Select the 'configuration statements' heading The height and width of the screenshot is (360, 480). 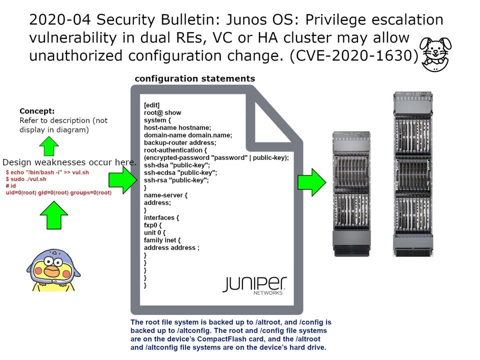(x=195, y=78)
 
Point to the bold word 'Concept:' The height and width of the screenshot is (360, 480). (x=37, y=111)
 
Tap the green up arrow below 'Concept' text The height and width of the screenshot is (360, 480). (x=49, y=146)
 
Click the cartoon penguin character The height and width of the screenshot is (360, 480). (x=52, y=270)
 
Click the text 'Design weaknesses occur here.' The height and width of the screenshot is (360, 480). (x=69, y=162)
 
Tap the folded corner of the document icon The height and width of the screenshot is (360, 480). (x=272, y=118)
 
